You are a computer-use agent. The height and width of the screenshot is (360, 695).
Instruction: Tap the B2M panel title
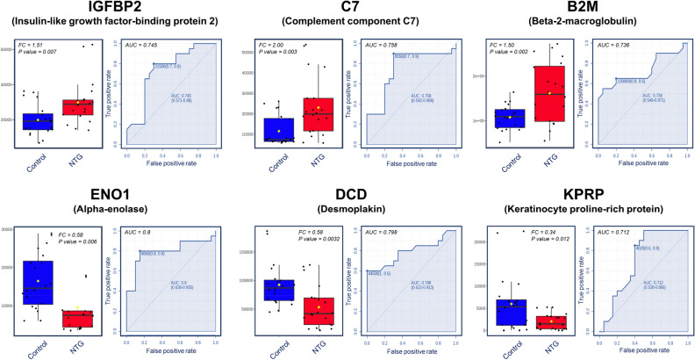coord(579,8)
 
